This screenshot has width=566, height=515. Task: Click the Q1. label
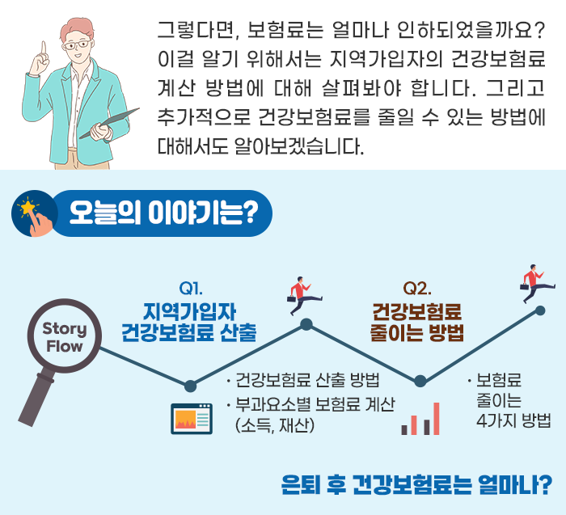coord(191,288)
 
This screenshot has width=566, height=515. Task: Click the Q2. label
coord(417,288)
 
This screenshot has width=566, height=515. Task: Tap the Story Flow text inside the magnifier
coord(65,337)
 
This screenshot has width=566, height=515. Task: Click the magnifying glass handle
coord(36,397)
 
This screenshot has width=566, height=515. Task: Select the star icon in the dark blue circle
coord(27,208)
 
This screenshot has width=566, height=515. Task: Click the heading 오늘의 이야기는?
coord(163,213)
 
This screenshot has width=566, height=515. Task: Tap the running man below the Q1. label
coord(304,294)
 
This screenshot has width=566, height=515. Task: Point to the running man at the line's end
coord(537,283)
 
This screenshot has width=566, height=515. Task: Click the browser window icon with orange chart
coord(192,419)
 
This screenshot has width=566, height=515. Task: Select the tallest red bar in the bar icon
coord(436,419)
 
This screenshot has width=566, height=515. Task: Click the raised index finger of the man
coord(44,48)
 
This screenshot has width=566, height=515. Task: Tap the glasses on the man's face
coord(76,45)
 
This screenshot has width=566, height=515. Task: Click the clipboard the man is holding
coord(109,123)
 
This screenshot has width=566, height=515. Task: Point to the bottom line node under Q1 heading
coord(190,386)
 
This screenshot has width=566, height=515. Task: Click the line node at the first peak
coord(306,324)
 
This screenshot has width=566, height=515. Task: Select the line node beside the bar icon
coord(420,381)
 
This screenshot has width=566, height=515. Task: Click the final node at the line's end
coord(540,310)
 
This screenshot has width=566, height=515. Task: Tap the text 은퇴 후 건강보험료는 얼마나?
coord(416,485)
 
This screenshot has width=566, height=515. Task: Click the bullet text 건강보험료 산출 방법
coord(307,380)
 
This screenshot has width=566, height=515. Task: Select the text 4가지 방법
coord(513,420)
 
